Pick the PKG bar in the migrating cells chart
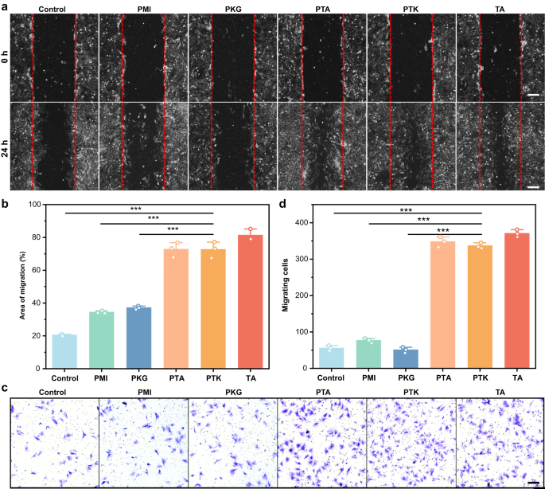pos(407,358)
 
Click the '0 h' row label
pos(7,53)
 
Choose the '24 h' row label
pos(7,147)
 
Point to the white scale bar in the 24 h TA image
pos(532,188)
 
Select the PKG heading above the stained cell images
pos(233,393)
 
